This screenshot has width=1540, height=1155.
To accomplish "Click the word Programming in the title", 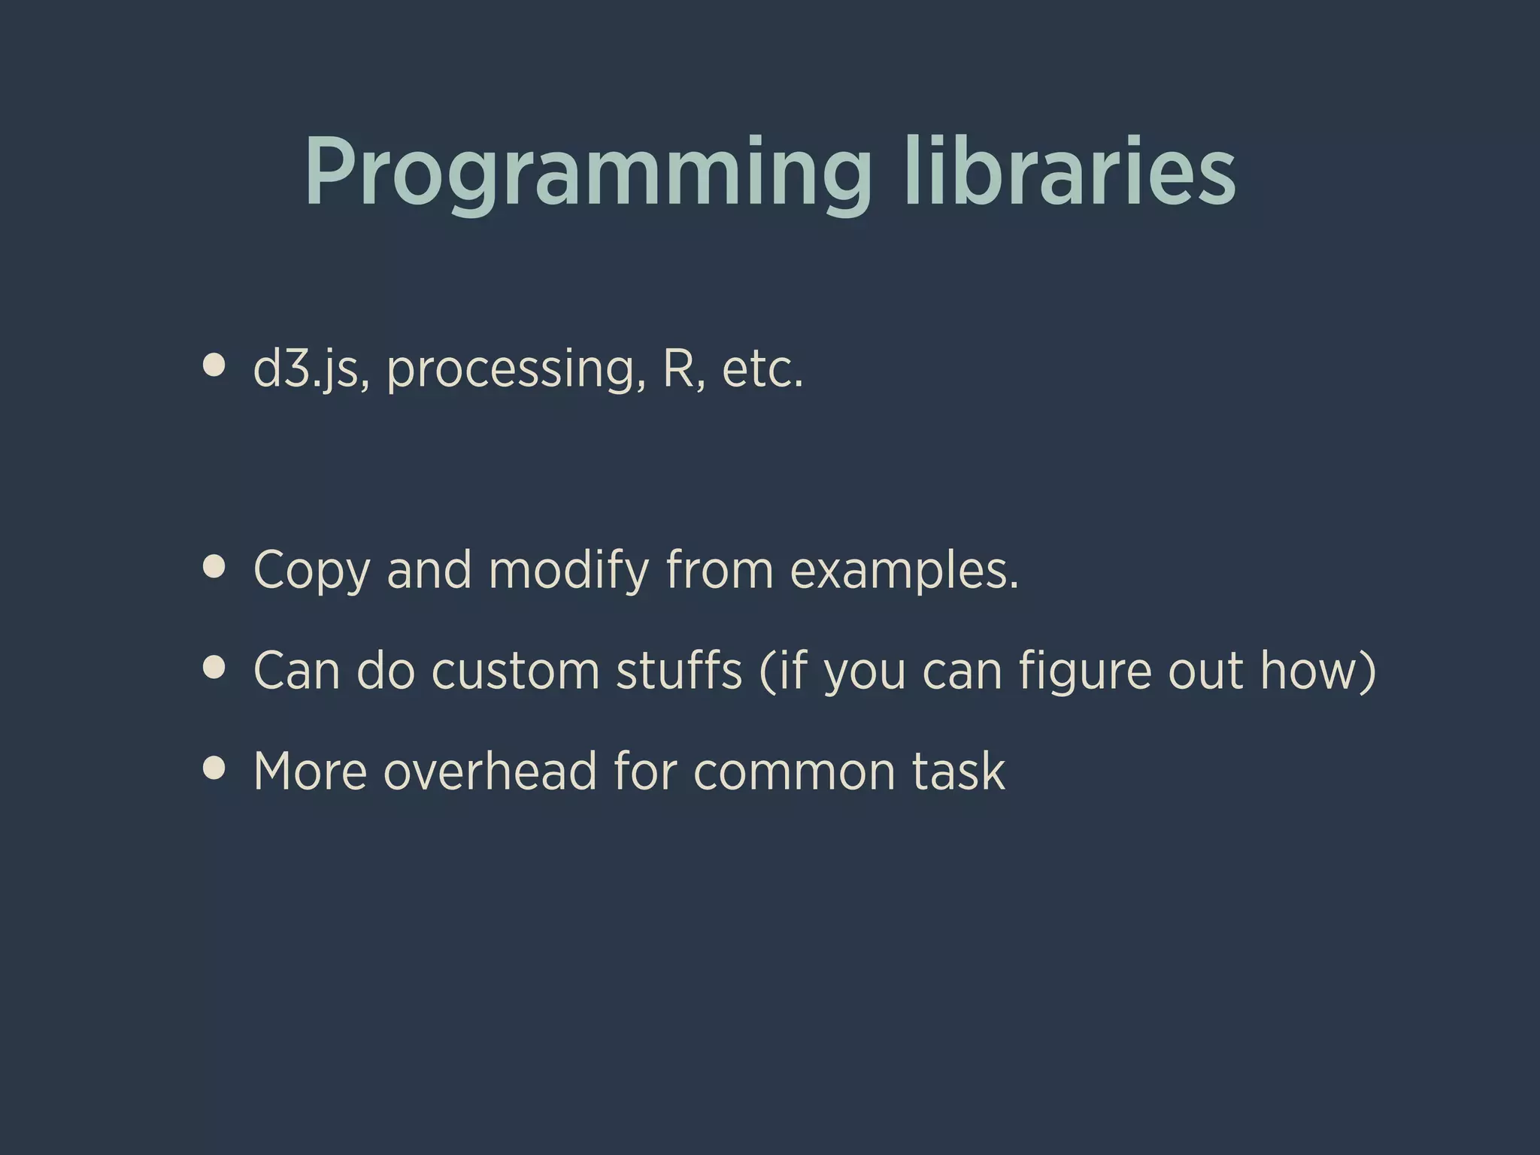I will [587, 173].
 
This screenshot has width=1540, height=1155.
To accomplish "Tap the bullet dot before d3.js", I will [214, 365].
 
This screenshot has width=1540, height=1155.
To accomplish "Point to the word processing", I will [516, 370].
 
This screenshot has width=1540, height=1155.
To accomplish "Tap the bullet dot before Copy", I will [214, 567].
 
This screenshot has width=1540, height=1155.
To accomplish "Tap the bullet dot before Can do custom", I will [214, 668].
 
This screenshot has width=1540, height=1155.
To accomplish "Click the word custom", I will [516, 671].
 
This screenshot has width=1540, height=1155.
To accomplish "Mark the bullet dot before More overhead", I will [214, 768].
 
